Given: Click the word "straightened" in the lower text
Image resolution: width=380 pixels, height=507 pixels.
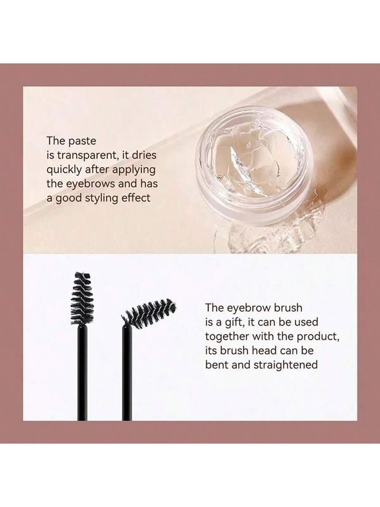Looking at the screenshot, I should [285, 365].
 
